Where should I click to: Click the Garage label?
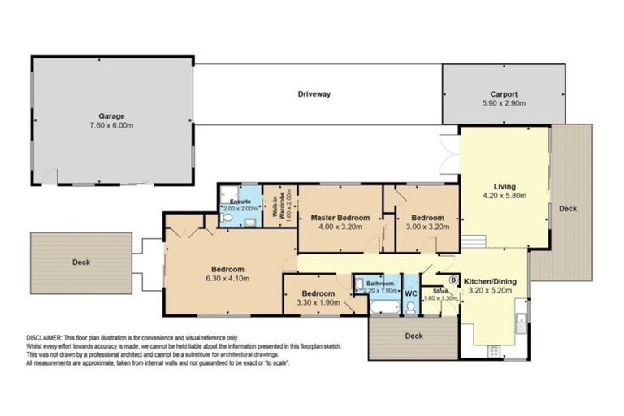(111, 116)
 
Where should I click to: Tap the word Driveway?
(314, 94)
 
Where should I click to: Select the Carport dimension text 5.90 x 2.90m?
(503, 104)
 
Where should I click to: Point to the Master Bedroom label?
(340, 218)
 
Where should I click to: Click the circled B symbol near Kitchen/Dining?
(454, 280)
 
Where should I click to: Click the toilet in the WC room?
(411, 306)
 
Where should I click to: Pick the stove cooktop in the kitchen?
(493, 350)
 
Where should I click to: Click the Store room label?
(440, 290)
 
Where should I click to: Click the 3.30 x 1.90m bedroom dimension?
(318, 303)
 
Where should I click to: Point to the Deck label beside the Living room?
(568, 209)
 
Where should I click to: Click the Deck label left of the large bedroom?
(80, 262)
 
